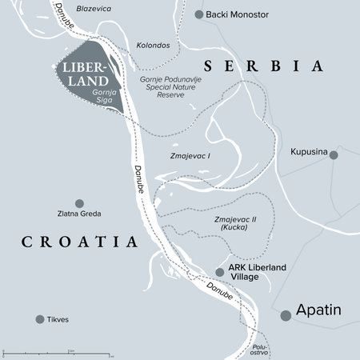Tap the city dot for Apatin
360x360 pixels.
point(286,315)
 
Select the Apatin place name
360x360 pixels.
point(320,309)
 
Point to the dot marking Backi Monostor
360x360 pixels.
point(199,14)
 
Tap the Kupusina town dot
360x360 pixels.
point(334,154)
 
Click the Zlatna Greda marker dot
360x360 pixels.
point(78,203)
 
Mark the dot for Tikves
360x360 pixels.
point(39,319)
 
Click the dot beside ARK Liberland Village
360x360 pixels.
point(220,272)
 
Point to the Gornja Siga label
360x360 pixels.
point(105,97)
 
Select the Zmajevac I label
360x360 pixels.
point(191,158)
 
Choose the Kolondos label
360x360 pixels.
point(154,46)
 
